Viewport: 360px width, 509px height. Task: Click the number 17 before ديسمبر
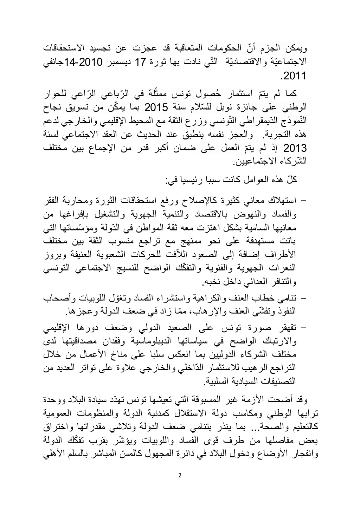coord(141,61)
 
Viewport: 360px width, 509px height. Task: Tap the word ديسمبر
coord(118,61)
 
